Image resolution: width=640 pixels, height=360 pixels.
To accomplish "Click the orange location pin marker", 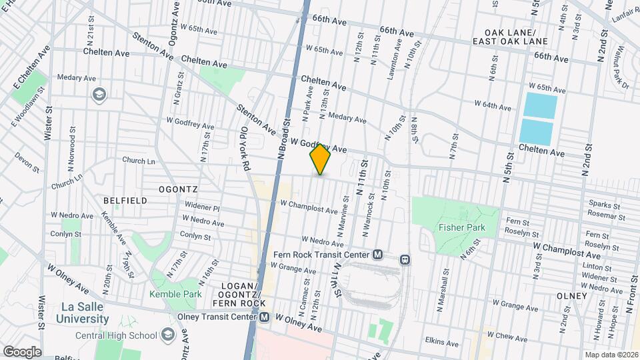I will click(320, 159).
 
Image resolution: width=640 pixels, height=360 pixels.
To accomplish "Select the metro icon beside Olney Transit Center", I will click(265, 318).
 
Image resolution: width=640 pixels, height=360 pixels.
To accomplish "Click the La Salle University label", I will click(75, 313).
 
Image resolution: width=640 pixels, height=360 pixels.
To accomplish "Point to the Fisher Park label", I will click(462, 227).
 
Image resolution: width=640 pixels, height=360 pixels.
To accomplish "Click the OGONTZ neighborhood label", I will click(179, 189).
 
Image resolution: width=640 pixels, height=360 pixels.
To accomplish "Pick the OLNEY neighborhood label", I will click(572, 295).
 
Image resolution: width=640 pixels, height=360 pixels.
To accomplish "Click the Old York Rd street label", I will click(245, 148).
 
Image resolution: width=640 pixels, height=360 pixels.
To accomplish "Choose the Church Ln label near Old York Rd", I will click(139, 161).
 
